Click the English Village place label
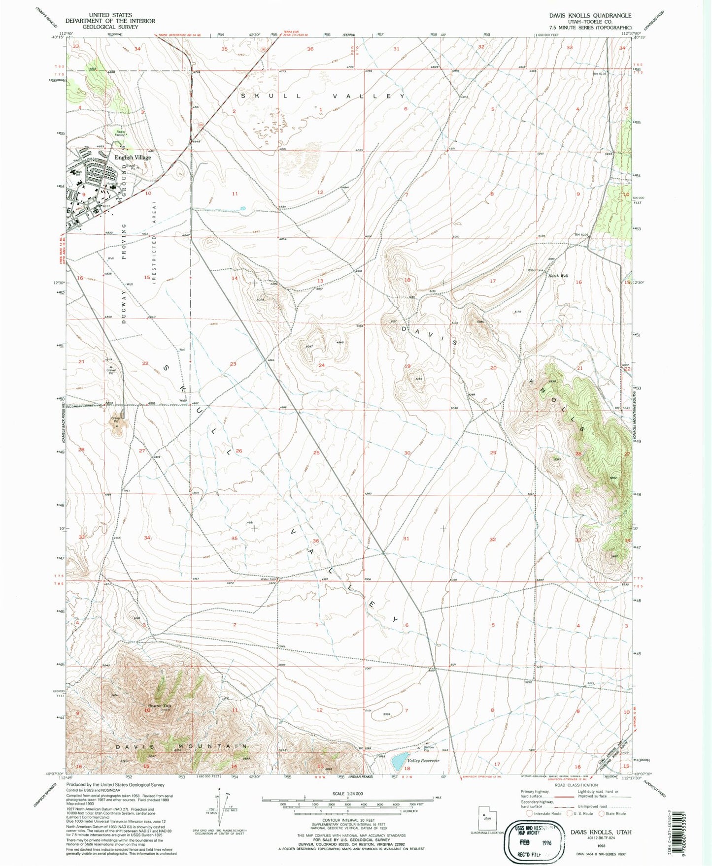pos(133,158)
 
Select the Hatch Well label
pos(558,276)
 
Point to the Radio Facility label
pos(120,133)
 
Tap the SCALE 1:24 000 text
pos(347,794)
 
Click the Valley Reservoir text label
pos(423,761)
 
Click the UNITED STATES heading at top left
pos(110,15)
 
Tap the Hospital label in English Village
pos(111,184)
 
